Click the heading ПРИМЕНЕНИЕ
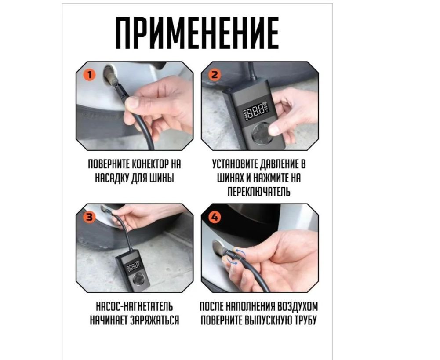coord(197,33)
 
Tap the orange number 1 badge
coord(90,75)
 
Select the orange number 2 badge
coord(215,75)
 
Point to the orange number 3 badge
coord(90,217)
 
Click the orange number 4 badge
coord(215,217)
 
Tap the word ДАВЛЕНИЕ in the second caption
coord(277,164)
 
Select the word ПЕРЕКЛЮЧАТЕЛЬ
coord(258,192)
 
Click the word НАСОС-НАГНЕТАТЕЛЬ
coord(135,306)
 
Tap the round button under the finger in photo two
coord(262,135)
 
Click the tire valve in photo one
coord(110,76)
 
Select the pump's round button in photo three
coord(139,279)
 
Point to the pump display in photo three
coord(133,267)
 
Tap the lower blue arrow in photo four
coord(233,262)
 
